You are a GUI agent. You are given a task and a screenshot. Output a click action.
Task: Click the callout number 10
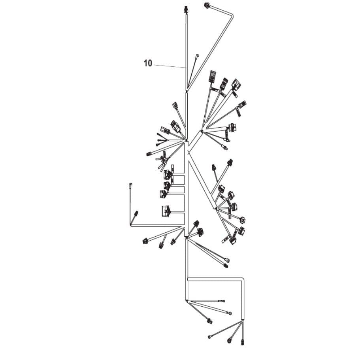point(148,63)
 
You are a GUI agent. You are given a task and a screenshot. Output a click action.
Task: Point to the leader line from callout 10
point(170,66)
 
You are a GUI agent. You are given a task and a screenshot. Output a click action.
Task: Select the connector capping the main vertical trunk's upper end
point(185,9)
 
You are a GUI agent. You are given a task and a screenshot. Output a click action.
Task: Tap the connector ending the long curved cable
point(207,5)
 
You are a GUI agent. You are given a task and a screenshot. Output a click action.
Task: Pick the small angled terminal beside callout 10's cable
point(198,55)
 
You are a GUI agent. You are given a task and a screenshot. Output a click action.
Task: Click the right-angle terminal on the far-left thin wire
point(130,185)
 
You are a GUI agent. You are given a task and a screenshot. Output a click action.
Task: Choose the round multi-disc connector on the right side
point(232,127)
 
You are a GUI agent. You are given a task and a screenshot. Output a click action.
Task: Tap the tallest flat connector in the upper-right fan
point(212,76)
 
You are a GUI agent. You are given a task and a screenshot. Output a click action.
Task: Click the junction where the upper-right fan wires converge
point(202,131)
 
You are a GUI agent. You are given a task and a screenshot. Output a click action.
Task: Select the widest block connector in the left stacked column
point(166,211)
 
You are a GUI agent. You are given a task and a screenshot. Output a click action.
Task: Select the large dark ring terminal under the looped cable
point(230,339)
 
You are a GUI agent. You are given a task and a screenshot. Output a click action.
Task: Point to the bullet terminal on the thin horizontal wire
point(222,301)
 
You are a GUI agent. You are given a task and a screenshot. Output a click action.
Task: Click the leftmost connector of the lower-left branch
point(145,241)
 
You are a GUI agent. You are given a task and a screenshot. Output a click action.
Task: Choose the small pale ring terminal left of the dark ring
point(209,337)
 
